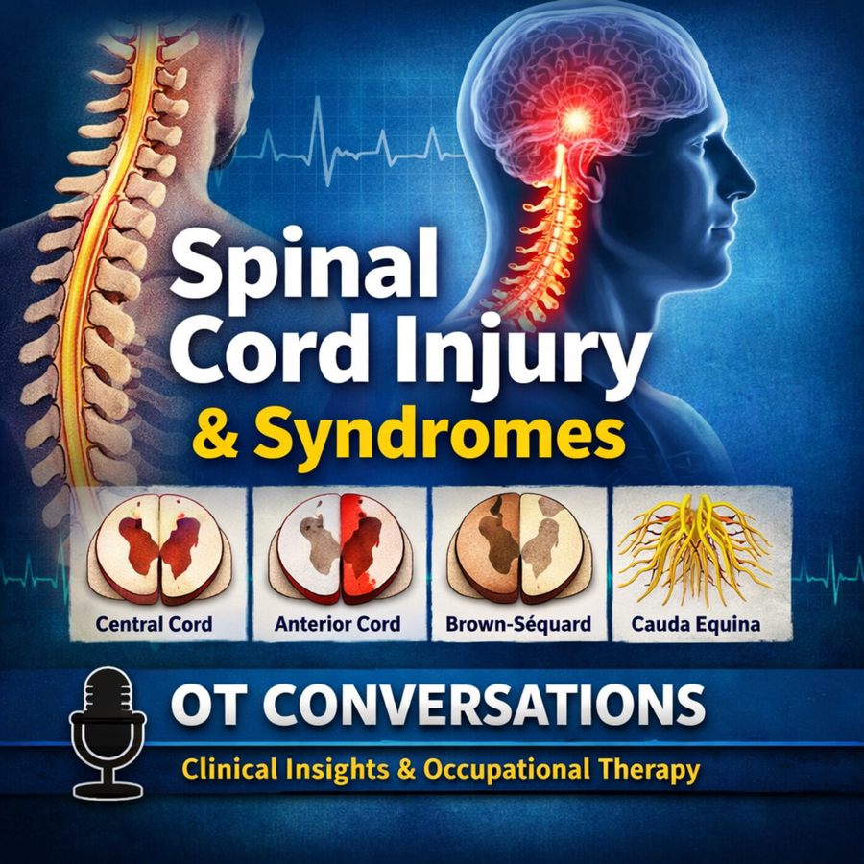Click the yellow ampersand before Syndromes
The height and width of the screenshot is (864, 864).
(x=215, y=437)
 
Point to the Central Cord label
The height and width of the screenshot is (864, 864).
(x=154, y=624)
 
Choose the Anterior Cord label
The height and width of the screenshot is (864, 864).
(x=337, y=624)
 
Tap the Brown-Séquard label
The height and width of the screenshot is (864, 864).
(x=518, y=624)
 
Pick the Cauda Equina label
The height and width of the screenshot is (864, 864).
(x=695, y=624)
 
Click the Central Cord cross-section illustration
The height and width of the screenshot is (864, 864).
(x=159, y=547)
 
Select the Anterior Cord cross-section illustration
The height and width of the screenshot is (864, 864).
(x=341, y=547)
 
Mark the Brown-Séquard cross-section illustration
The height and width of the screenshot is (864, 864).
(x=519, y=547)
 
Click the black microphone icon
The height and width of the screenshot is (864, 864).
(x=108, y=732)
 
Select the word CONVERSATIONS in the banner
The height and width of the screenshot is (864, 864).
(x=485, y=705)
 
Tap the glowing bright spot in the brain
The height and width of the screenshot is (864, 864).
(x=577, y=118)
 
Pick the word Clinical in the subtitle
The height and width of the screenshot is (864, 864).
(x=229, y=768)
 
